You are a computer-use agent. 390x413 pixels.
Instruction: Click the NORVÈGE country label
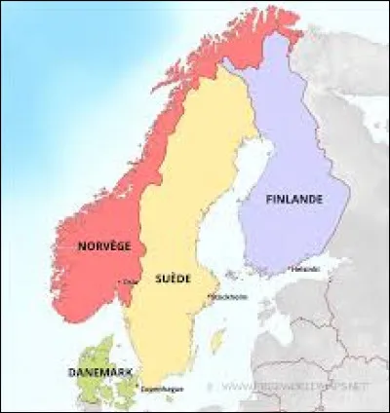point(104,245)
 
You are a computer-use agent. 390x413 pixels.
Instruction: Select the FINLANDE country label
point(294,199)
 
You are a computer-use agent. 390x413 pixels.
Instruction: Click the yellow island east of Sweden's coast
point(217,341)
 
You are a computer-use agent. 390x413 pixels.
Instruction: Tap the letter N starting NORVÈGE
point(81,245)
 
